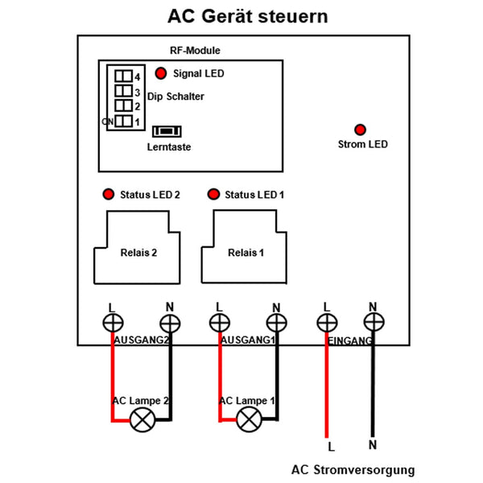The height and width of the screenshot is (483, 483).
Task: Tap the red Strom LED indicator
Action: point(361,130)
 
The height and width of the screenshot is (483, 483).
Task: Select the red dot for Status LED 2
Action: point(107,195)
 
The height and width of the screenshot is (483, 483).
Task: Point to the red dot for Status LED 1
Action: point(213,195)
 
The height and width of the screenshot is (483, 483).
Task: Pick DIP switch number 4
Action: point(123,76)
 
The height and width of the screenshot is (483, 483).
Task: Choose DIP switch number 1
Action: point(123,122)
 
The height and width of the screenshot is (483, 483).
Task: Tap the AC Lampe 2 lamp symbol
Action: point(143,418)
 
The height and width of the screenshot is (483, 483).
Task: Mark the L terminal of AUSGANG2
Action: point(111,324)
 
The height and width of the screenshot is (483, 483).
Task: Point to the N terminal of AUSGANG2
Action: point(169,324)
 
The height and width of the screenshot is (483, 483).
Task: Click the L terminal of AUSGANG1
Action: point(218,324)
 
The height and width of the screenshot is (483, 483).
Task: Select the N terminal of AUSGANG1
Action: point(276,324)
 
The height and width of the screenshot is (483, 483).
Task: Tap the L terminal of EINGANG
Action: point(326,324)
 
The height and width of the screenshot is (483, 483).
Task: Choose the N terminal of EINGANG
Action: point(372,324)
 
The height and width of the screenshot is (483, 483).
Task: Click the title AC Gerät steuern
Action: point(247,17)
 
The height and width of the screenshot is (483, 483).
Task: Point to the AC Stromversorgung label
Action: point(353,469)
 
